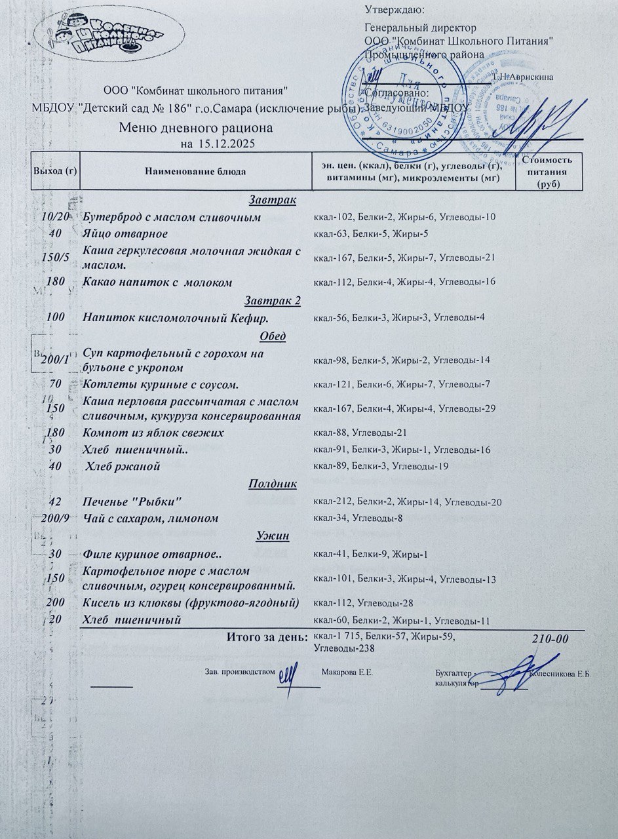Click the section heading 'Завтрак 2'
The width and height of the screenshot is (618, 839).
[272, 301]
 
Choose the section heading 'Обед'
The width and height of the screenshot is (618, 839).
[273, 336]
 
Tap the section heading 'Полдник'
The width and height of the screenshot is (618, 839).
[273, 484]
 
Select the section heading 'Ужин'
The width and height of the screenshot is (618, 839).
[273, 536]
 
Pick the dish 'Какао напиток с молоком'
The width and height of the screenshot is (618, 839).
[157, 283]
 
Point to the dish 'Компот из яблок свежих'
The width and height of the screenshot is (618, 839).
[153, 433]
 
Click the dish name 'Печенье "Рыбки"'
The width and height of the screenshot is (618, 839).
[132, 502]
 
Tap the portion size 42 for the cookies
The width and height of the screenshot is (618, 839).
[55, 502]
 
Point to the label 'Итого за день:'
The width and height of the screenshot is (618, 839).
[266, 636]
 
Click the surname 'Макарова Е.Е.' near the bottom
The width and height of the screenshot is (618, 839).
[347, 673]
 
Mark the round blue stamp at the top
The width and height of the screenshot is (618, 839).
[400, 98]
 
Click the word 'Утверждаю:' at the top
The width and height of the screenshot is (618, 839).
[394, 10]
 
